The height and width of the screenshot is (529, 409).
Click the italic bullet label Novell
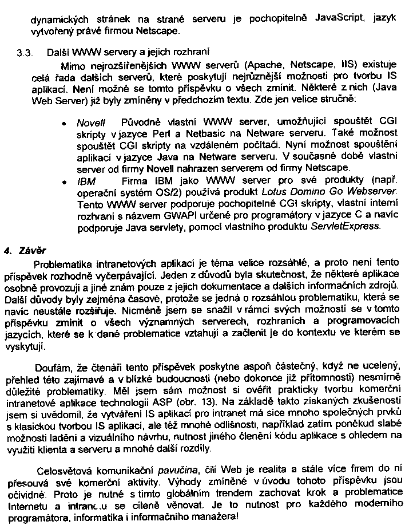[x=88, y=124]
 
